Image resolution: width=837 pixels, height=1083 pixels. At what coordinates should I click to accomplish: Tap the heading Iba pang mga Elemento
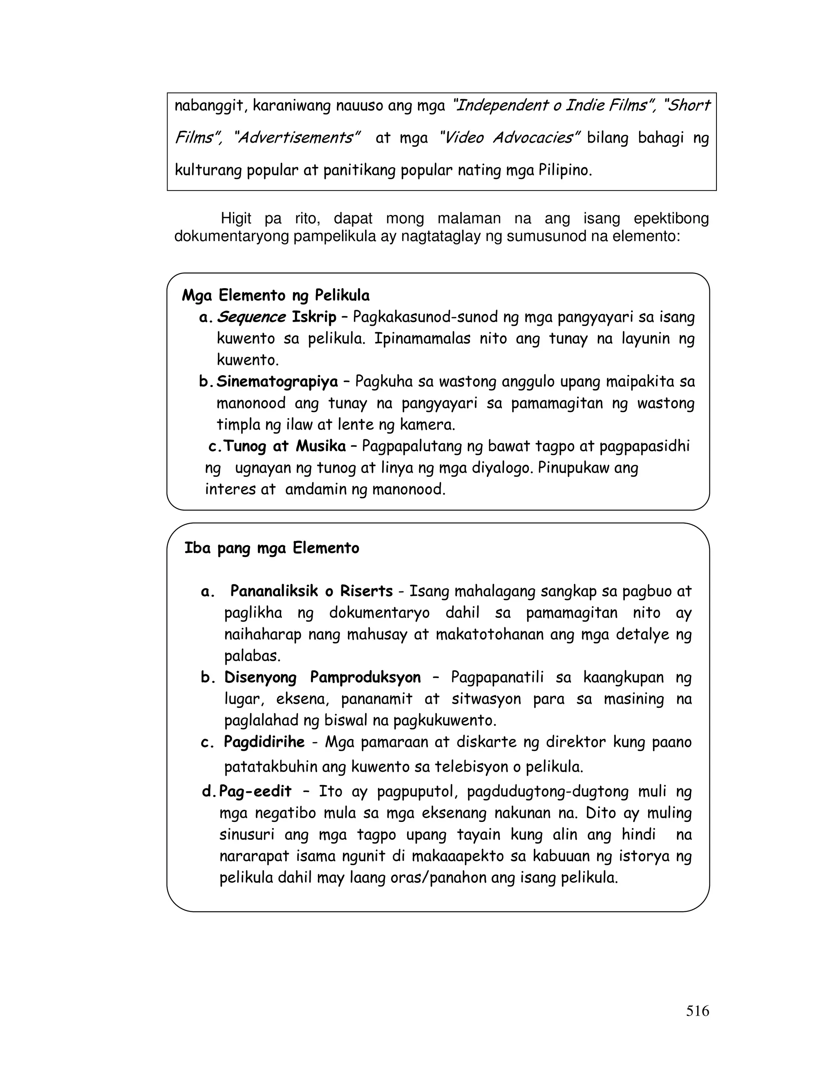click(x=272, y=548)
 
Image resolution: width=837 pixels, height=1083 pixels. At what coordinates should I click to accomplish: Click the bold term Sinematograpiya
click(x=277, y=381)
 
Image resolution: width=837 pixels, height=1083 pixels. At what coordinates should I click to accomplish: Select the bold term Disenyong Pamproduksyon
click(x=322, y=677)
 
